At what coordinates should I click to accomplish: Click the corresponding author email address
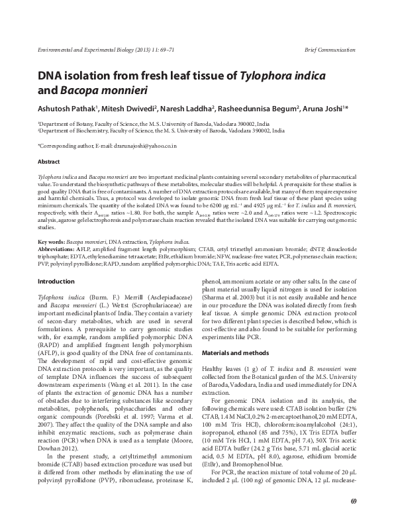click(144, 146)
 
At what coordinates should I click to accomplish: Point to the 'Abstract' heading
click(49, 162)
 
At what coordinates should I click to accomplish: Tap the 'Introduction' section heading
click(57, 263)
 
